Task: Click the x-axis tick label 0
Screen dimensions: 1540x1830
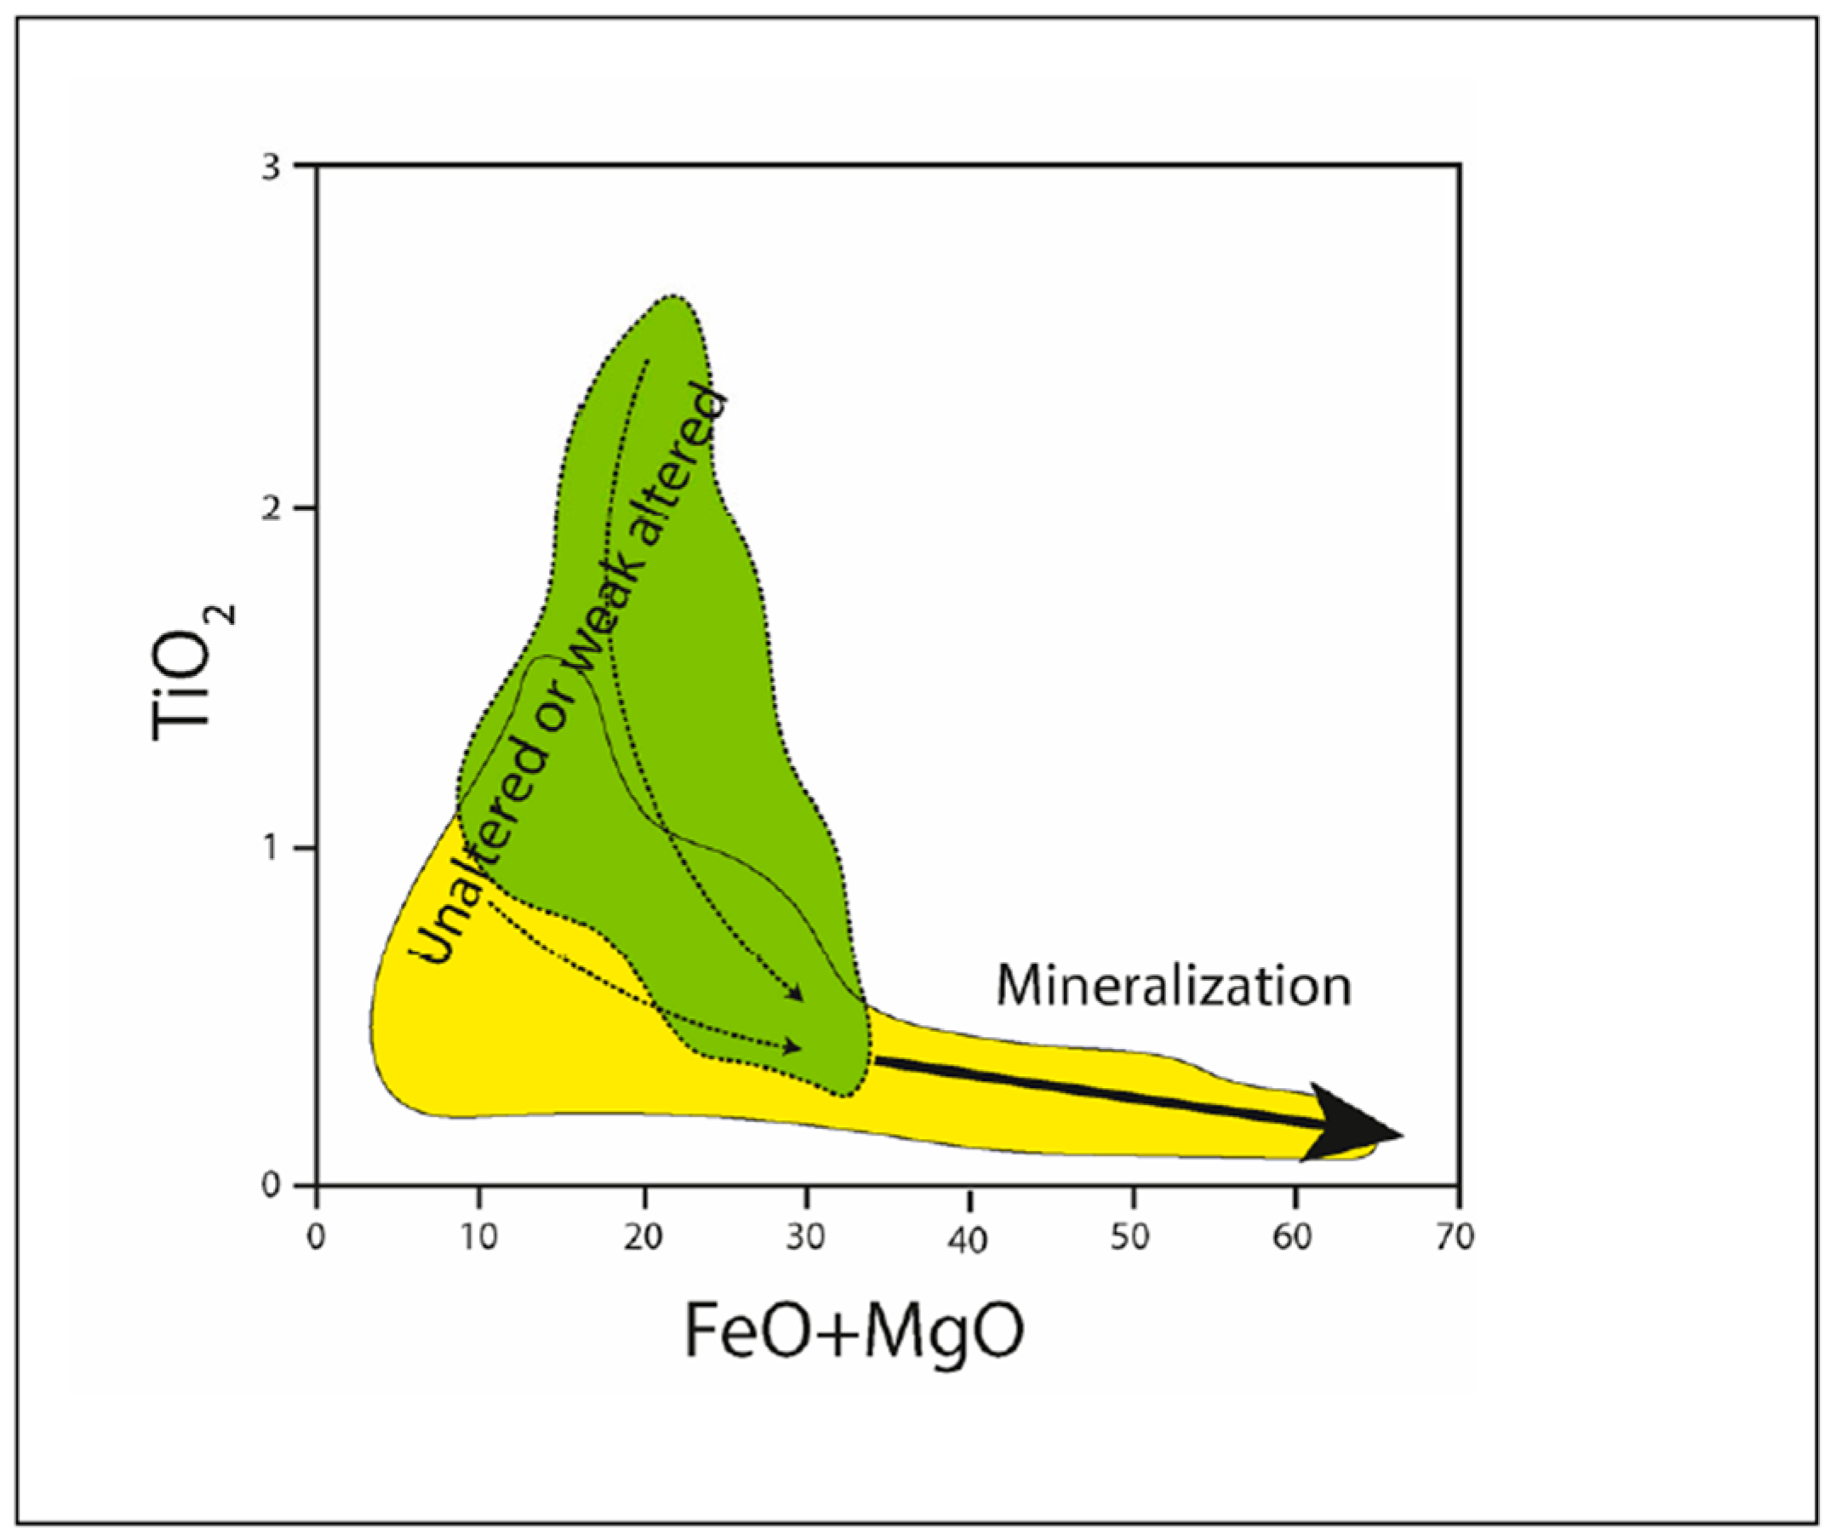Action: [316, 1237]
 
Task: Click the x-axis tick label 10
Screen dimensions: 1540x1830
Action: [479, 1237]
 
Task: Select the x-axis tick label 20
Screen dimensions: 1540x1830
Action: [643, 1237]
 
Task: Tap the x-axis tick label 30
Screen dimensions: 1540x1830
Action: [806, 1237]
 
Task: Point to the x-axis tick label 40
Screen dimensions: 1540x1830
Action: [969, 1239]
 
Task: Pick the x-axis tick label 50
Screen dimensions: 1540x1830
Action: [1132, 1237]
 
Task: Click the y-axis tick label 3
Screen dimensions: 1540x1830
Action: [273, 168]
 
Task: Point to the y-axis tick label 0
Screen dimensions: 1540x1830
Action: [273, 1185]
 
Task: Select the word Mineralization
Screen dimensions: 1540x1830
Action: [1174, 986]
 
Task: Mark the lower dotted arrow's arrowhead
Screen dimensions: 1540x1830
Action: [793, 1046]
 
